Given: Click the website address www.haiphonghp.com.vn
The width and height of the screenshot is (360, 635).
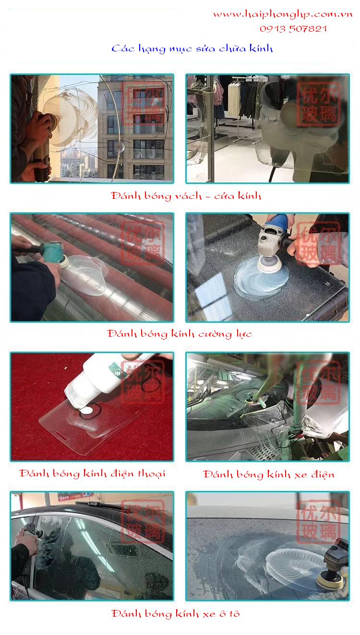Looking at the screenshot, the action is [x=283, y=15].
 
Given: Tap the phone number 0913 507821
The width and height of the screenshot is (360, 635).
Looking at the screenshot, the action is [x=293, y=29].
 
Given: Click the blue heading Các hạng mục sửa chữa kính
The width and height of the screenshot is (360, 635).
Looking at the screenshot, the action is [x=192, y=49].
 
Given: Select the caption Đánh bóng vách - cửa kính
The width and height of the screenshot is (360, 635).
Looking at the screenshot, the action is [x=186, y=196].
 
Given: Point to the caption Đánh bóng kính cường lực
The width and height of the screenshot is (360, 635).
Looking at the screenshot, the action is [x=180, y=334].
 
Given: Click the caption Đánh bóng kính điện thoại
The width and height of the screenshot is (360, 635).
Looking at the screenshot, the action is [x=92, y=474].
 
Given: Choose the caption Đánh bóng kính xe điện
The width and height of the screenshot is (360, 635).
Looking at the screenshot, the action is [x=268, y=474].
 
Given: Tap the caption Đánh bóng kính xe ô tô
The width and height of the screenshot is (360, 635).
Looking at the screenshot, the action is [x=176, y=614].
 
